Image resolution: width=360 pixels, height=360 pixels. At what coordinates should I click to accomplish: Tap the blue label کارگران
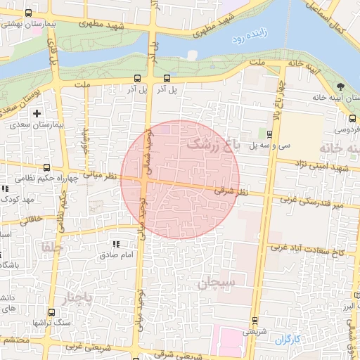point(287,340)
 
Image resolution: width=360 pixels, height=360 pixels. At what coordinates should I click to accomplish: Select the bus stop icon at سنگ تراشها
point(51,312)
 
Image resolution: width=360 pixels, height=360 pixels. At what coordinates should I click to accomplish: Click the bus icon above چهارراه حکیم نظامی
point(46,167)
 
